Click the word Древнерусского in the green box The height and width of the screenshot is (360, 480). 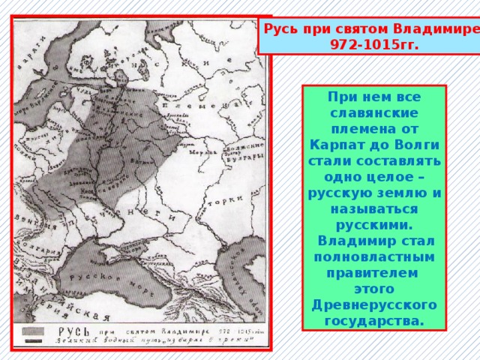point(373,306)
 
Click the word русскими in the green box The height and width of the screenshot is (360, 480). point(373,224)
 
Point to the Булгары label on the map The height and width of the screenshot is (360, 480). point(245,157)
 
